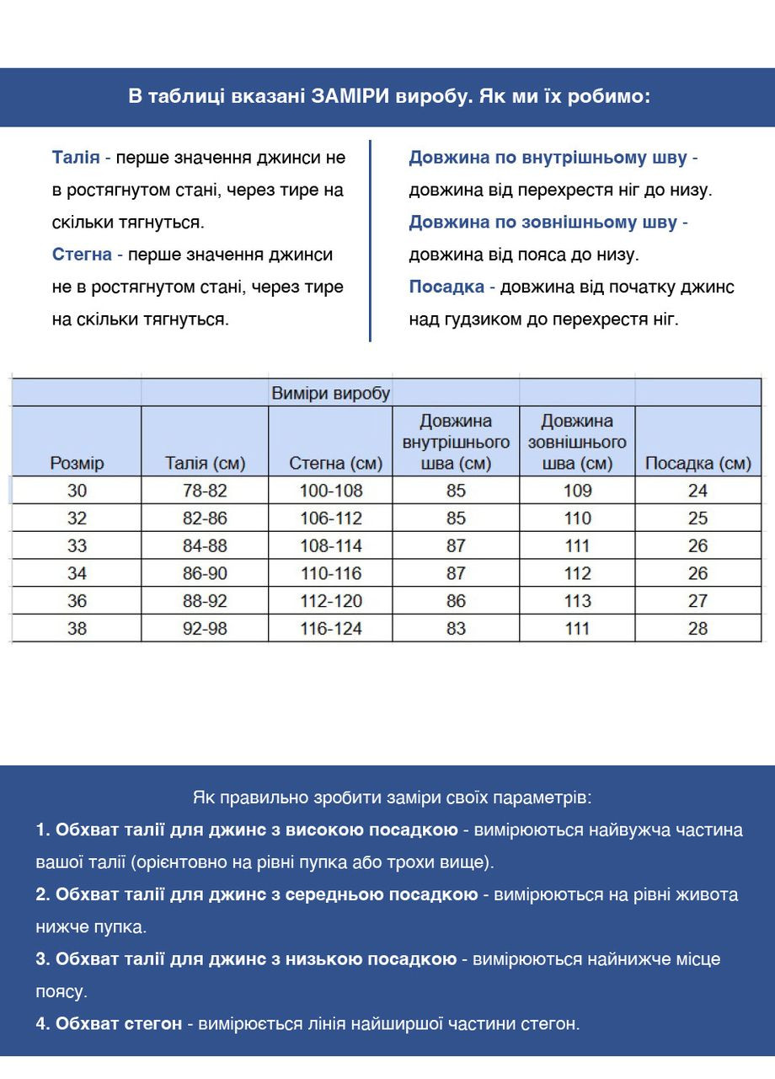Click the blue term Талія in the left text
tap(76, 158)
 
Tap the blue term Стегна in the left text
tap(82, 255)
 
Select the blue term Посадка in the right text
tap(446, 287)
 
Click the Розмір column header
tap(77, 463)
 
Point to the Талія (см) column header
tap(205, 463)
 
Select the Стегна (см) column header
tap(335, 463)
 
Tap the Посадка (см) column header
tap(697, 463)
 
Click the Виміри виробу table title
tap(330, 393)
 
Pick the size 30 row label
tap(77, 491)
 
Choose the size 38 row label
tap(77, 628)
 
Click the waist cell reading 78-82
tap(205, 491)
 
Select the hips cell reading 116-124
tap(331, 628)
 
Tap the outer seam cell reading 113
tap(578, 601)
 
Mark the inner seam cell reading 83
tap(456, 628)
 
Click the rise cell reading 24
tap(697, 491)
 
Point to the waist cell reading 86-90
tap(205, 573)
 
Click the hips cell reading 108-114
tap(331, 545)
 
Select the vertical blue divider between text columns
tap(370, 240)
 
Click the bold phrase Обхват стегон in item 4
tap(118, 1023)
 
